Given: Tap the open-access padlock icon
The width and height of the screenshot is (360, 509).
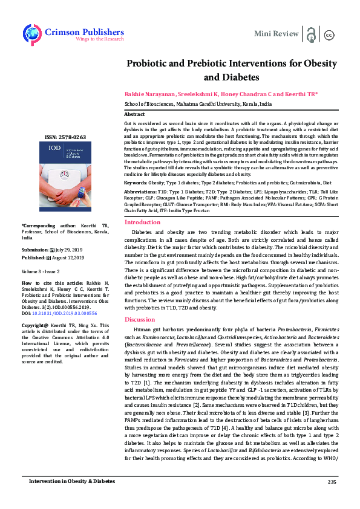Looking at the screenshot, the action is pos(311,34).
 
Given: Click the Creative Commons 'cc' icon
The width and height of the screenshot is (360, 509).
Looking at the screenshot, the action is pos(330,34).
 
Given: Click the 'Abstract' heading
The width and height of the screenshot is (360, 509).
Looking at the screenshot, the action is pos(134,114).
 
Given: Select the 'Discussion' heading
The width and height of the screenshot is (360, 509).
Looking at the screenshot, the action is pos(139,319).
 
